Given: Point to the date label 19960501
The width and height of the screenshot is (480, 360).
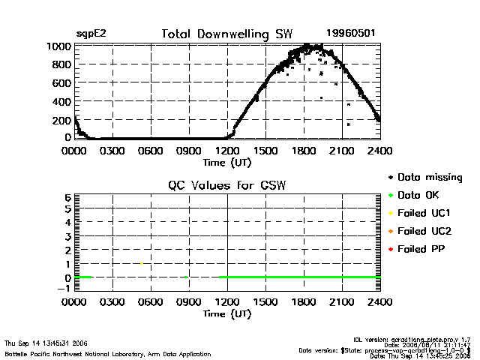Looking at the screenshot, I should (x=351, y=34).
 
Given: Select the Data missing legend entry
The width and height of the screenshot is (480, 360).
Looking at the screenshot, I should (x=424, y=178).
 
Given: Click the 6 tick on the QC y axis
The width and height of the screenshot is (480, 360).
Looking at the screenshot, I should (x=67, y=197).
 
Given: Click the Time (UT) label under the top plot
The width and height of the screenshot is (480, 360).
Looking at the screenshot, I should (x=227, y=162).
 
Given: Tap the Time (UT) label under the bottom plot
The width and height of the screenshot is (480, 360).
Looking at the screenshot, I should (x=227, y=313).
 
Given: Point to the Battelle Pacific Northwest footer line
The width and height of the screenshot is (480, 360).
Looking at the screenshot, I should (x=108, y=353).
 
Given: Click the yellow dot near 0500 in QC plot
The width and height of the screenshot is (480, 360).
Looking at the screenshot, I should (x=141, y=263).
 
